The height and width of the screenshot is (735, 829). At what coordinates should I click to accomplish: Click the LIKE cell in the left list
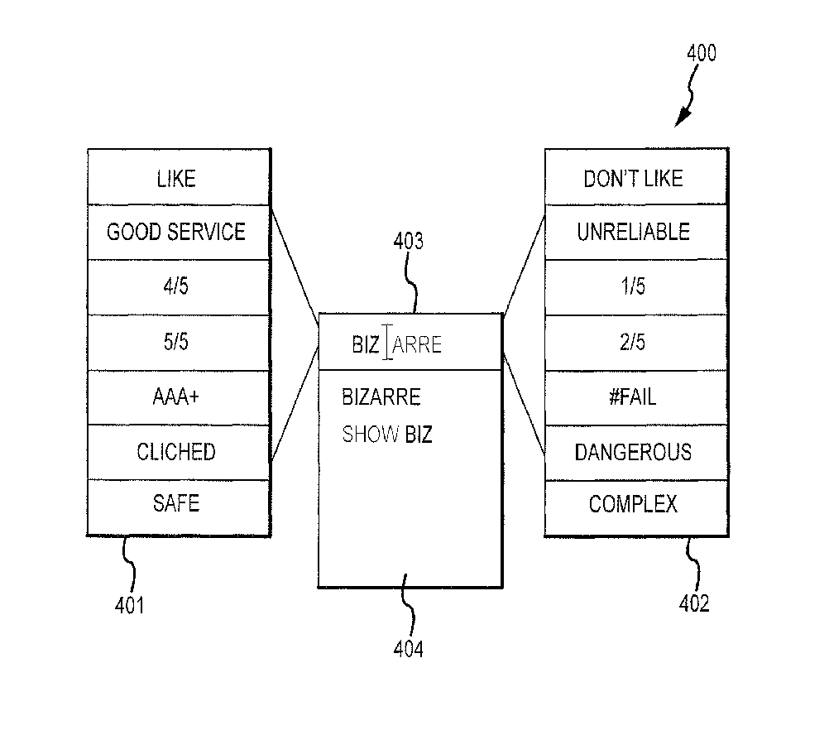[176, 177]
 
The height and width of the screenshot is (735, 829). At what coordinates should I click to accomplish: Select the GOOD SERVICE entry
[176, 232]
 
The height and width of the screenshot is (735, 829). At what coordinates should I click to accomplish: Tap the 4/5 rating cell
[176, 287]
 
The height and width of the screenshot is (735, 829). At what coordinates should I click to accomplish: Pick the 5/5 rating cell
[176, 342]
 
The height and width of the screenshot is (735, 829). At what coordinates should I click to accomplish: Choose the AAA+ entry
[176, 397]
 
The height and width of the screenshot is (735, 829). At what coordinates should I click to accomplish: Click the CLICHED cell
[176, 452]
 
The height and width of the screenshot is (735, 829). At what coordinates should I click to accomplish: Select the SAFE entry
[176, 502]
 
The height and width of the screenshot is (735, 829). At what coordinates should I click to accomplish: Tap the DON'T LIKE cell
[634, 178]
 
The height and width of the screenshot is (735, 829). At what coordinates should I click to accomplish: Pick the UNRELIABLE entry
[634, 232]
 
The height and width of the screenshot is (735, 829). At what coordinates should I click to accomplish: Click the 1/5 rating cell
[634, 287]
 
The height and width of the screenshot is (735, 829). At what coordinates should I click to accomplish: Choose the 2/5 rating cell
[634, 342]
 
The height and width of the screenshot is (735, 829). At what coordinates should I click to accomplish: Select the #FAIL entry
[634, 397]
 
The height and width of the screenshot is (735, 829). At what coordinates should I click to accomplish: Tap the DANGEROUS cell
[634, 452]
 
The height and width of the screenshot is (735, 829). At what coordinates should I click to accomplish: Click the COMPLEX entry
[634, 503]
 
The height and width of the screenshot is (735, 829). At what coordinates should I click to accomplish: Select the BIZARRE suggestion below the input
[381, 397]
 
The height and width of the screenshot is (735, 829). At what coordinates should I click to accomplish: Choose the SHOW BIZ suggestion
[387, 434]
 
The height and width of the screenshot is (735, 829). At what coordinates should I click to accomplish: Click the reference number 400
[702, 55]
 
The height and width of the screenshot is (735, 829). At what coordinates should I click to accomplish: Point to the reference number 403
[408, 242]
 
